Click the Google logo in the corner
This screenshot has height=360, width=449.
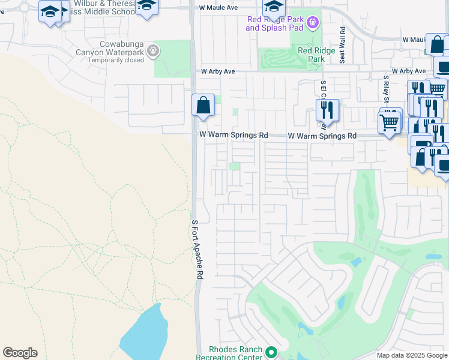point(20,353)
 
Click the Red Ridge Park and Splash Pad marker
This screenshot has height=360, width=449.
point(312,23)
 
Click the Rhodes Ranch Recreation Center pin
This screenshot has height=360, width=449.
point(271,353)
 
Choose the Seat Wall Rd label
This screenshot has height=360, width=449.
point(342,45)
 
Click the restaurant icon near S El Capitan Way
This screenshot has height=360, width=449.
point(327,110)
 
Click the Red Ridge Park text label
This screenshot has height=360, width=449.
point(311,55)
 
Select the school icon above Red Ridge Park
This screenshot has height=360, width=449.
point(274,8)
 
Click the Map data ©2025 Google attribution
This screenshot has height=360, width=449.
point(412,355)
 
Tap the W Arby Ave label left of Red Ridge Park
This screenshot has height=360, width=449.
point(218,71)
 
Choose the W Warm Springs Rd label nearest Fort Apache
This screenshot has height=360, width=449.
point(234,136)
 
